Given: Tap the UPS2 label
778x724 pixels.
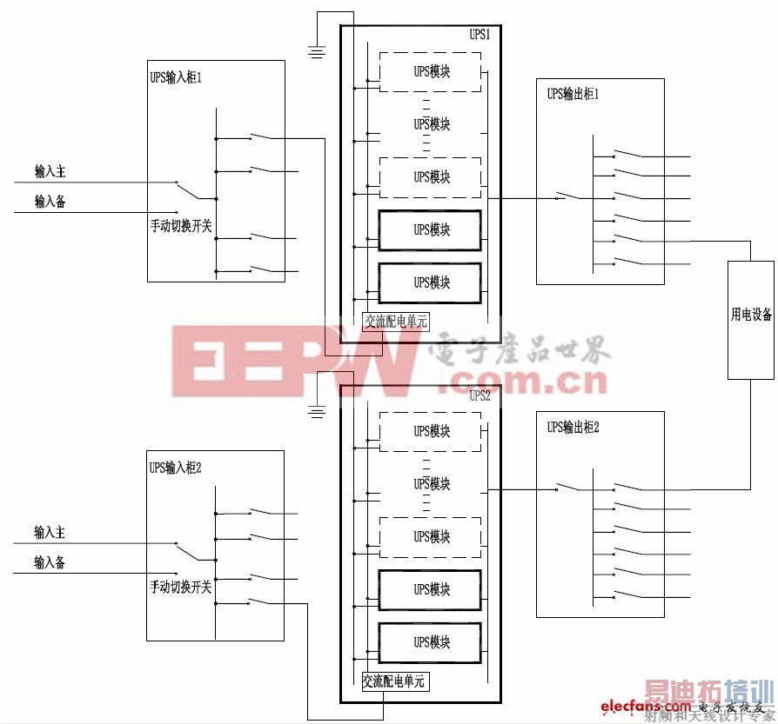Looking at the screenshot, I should [480, 395].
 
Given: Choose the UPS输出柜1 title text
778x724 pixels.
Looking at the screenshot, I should [573, 94].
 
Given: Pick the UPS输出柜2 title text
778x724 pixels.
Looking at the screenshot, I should [574, 427].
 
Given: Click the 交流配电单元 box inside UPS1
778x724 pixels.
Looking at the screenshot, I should [396, 321].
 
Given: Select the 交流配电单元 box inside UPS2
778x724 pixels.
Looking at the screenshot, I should [394, 682].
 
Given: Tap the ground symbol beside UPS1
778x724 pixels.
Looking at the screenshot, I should [318, 52].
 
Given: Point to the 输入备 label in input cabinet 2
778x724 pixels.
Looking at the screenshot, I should [50, 562].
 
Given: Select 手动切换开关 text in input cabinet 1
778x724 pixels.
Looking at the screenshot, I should [181, 225].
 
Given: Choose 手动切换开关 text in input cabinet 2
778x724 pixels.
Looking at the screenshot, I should [181, 587].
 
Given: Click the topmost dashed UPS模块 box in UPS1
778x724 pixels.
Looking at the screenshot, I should [430, 71].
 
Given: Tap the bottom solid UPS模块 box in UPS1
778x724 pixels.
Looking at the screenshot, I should [430, 282].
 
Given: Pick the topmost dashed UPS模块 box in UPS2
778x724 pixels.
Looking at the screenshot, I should [430, 431].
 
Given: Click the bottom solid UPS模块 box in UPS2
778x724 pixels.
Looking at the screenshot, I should [430, 642].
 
